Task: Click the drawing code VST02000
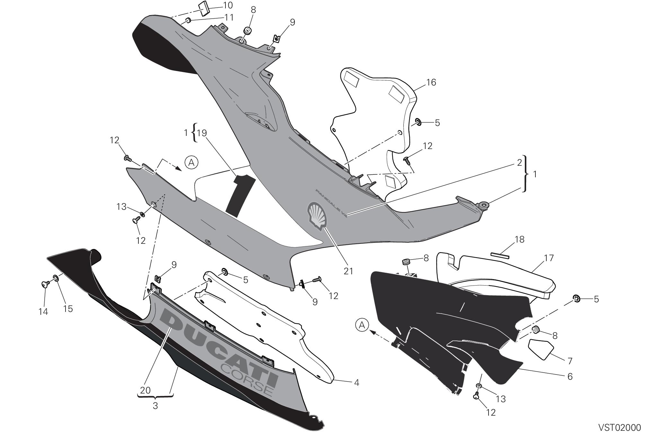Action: tap(620, 428)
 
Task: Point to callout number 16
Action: tap(431, 83)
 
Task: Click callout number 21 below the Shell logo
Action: tap(348, 271)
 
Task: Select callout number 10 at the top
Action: tap(228, 5)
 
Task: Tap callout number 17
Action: tap(549, 258)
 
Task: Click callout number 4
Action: tap(356, 383)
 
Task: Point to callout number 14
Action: tap(43, 311)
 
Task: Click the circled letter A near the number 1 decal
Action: tap(191, 163)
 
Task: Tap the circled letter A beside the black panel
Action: tap(362, 325)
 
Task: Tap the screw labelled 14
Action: tap(45, 284)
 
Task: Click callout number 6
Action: tap(570, 376)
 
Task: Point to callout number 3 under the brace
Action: tap(155, 406)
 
